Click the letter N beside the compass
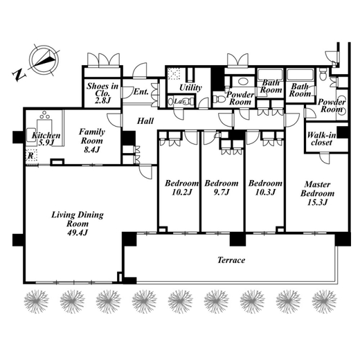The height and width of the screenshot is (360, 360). (x=18, y=74)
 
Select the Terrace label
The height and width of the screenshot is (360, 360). (x=231, y=260)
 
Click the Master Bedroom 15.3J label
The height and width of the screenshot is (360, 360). (x=317, y=193)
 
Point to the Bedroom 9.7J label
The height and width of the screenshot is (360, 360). (x=222, y=188)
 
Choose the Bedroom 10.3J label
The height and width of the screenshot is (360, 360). (x=265, y=188)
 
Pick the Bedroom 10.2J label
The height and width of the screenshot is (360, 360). (x=181, y=188)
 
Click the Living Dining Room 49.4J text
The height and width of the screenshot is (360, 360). (x=78, y=224)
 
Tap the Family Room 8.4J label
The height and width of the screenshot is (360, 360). (x=92, y=141)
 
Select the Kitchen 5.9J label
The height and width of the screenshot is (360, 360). (x=46, y=138)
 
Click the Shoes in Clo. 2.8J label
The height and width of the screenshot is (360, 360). (x=102, y=93)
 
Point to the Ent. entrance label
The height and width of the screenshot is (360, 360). (x=141, y=91)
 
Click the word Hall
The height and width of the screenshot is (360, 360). (x=145, y=120)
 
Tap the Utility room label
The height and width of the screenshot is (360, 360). (x=190, y=87)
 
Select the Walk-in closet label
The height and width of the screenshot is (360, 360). (x=321, y=138)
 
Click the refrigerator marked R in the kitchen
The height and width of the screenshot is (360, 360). (x=31, y=156)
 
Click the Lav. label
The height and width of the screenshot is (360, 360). (x=180, y=101)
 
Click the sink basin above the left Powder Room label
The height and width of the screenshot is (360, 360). (x=243, y=81)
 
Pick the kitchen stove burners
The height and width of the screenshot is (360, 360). (x=44, y=115)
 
